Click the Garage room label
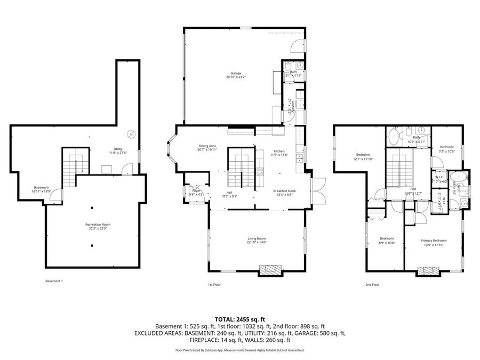point(236,75)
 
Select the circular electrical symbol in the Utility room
point(131,133)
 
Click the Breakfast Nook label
point(284,193)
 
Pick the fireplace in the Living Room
point(269,270)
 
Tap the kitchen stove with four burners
point(260,172)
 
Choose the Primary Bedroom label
point(432,243)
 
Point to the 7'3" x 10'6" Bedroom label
point(446,149)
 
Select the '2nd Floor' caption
point(372,285)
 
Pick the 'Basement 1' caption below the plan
point(54,281)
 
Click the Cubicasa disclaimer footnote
point(239,350)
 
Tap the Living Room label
point(257,241)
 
